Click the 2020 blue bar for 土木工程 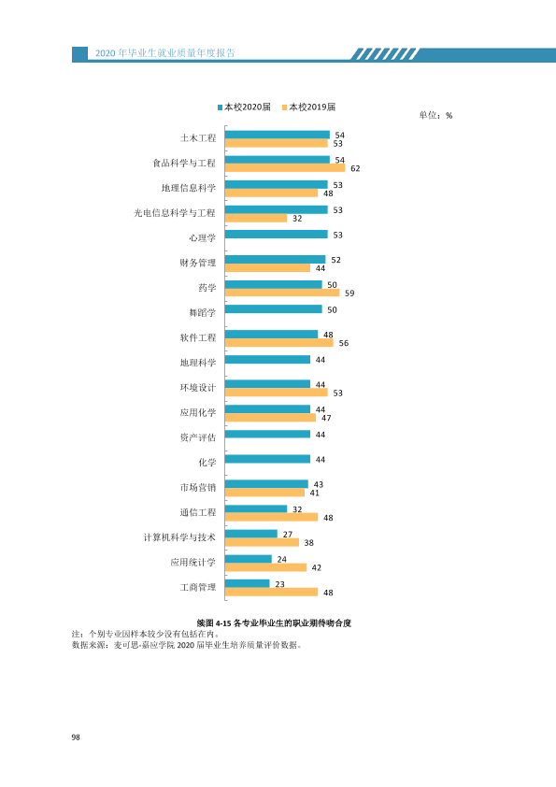pos(278,135)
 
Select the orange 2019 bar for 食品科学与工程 pos(285,167)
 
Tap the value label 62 pos(355,168)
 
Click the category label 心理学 pos(202,237)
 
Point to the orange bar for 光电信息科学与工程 pos(256,218)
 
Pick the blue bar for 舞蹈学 pos(274,309)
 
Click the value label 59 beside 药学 pos(349,293)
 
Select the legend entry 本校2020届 pos(245,107)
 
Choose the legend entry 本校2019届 pos(309,107)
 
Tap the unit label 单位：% pos(435,116)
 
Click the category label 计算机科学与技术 pos(179,537)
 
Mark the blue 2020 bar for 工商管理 pos(248,583)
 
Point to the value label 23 pos(280,584)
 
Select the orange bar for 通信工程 pos(272,517)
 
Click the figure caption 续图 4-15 pos(274,622)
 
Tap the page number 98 pos(76,737)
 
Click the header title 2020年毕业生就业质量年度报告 pos(165,53)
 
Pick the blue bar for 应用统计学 pos(249,559)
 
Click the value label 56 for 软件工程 pos(344,343)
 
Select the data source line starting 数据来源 pos(187,645)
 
